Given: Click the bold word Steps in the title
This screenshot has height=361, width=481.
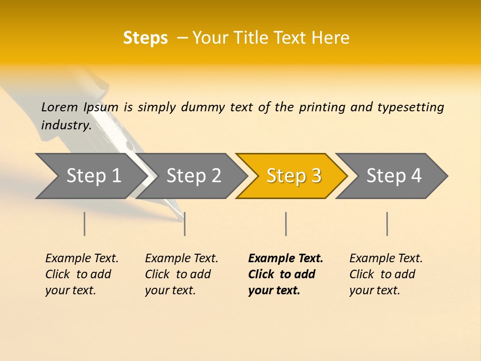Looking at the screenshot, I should [145, 38].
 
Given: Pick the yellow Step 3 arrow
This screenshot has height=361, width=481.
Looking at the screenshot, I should [294, 176].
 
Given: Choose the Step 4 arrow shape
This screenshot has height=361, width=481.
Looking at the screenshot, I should [394, 176].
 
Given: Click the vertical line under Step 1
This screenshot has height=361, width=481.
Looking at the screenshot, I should [85, 224].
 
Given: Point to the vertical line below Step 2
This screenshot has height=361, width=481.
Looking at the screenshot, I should [185, 224].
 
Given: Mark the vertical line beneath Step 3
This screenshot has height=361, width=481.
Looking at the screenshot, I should [286, 224].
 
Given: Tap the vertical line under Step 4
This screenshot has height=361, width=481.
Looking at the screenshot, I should [387, 224].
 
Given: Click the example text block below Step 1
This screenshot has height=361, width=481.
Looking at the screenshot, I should [82, 274].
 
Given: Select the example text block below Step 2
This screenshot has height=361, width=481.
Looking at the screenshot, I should [181, 274].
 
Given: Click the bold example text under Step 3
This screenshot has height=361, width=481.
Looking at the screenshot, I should [286, 274].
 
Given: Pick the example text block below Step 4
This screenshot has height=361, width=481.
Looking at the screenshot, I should [386, 274].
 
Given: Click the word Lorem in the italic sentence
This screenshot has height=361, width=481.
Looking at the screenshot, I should [60, 107].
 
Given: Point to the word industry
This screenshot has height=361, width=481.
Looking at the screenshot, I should [66, 125].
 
